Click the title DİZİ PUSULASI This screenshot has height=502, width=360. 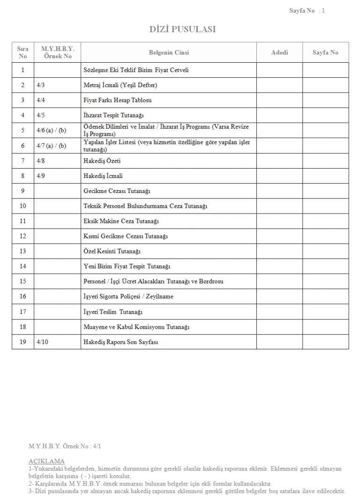pyautogui.click(x=182, y=30)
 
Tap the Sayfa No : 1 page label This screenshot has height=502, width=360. pyautogui.click(x=307, y=11)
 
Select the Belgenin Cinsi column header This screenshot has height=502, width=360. pyautogui.click(x=169, y=52)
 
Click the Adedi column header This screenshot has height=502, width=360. pyautogui.click(x=279, y=52)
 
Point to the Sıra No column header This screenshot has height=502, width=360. pyautogui.click(x=22, y=52)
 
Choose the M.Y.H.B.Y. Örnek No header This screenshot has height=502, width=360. pyautogui.click(x=58, y=52)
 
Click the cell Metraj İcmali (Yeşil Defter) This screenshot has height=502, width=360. pyautogui.click(x=120, y=85)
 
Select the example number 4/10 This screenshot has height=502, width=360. pyautogui.click(x=42, y=342)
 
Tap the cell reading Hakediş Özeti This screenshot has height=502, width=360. pyautogui.click(x=103, y=161)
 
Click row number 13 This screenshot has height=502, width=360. pyautogui.click(x=22, y=251)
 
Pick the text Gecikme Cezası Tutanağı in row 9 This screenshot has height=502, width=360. pyautogui.click(x=117, y=191)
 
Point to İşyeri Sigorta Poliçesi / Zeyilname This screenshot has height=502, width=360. pyautogui.click(x=128, y=296)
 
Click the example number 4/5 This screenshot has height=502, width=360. pyautogui.click(x=41, y=115)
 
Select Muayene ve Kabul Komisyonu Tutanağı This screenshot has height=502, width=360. pyautogui.click(x=136, y=327)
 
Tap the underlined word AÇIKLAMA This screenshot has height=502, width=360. pyautogui.click(x=46, y=461)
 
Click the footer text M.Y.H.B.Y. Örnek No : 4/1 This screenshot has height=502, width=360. pyautogui.click(x=65, y=446)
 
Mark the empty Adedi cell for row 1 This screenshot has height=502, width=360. pyautogui.click(x=279, y=70)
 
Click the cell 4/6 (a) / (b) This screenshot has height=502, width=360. pyautogui.click(x=51, y=131)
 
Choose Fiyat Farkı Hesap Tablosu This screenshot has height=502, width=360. pyautogui.click(x=117, y=100)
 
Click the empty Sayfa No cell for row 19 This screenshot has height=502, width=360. pyautogui.click(x=325, y=342)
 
